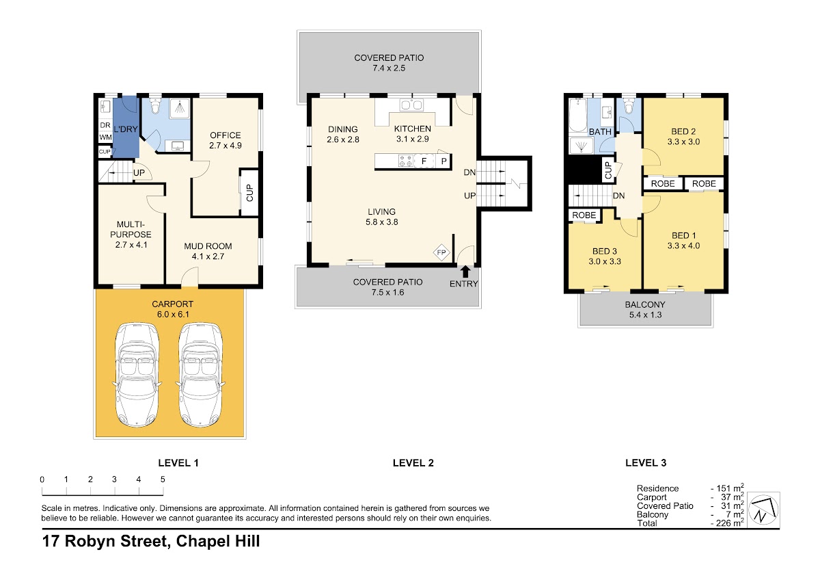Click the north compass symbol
coord(763,510)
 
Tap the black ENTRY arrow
coord(465,272)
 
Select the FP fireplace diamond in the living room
coord(441,252)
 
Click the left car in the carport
coord(137,374)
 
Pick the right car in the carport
coord(200,374)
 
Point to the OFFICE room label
coord(225,135)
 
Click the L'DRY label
coord(126,129)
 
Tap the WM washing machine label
coord(105,137)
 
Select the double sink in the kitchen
coord(412,105)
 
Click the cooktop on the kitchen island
coord(406,161)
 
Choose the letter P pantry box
coord(443,161)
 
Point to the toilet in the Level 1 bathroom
coord(155,107)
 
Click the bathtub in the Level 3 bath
coord(578,115)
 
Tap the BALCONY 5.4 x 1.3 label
coord(645,310)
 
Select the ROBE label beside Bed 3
coord(584,215)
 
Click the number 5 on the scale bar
coord(163,479)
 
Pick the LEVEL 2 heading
coord(413,463)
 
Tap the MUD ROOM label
coord(208,246)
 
